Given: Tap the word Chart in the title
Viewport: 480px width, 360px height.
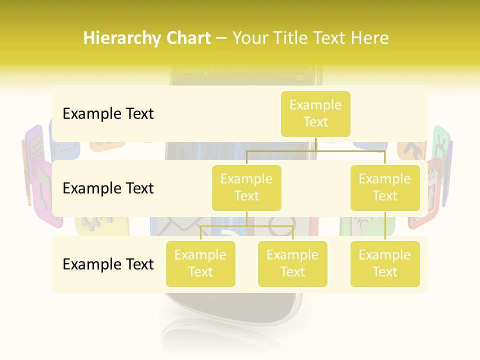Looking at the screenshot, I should click(188, 38).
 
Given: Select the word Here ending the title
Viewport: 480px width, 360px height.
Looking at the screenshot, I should click(368, 38).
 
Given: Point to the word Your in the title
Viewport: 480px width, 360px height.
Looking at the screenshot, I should click(251, 38).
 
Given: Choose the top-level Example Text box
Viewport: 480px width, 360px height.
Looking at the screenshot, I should click(315, 113).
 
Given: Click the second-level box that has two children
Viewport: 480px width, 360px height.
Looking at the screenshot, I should click(246, 187).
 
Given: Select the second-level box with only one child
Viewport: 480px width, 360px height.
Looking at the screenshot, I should click(384, 187).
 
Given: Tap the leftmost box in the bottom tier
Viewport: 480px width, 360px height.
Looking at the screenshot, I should click(200, 263).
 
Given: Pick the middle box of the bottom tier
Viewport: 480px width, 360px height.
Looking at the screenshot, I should click(292, 263).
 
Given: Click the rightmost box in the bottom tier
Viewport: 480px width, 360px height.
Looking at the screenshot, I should click(384, 263).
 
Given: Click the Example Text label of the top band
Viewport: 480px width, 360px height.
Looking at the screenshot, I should click(108, 113).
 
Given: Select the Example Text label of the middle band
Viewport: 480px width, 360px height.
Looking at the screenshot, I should click(108, 188).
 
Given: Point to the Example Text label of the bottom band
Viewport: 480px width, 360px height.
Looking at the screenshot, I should click(108, 264).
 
